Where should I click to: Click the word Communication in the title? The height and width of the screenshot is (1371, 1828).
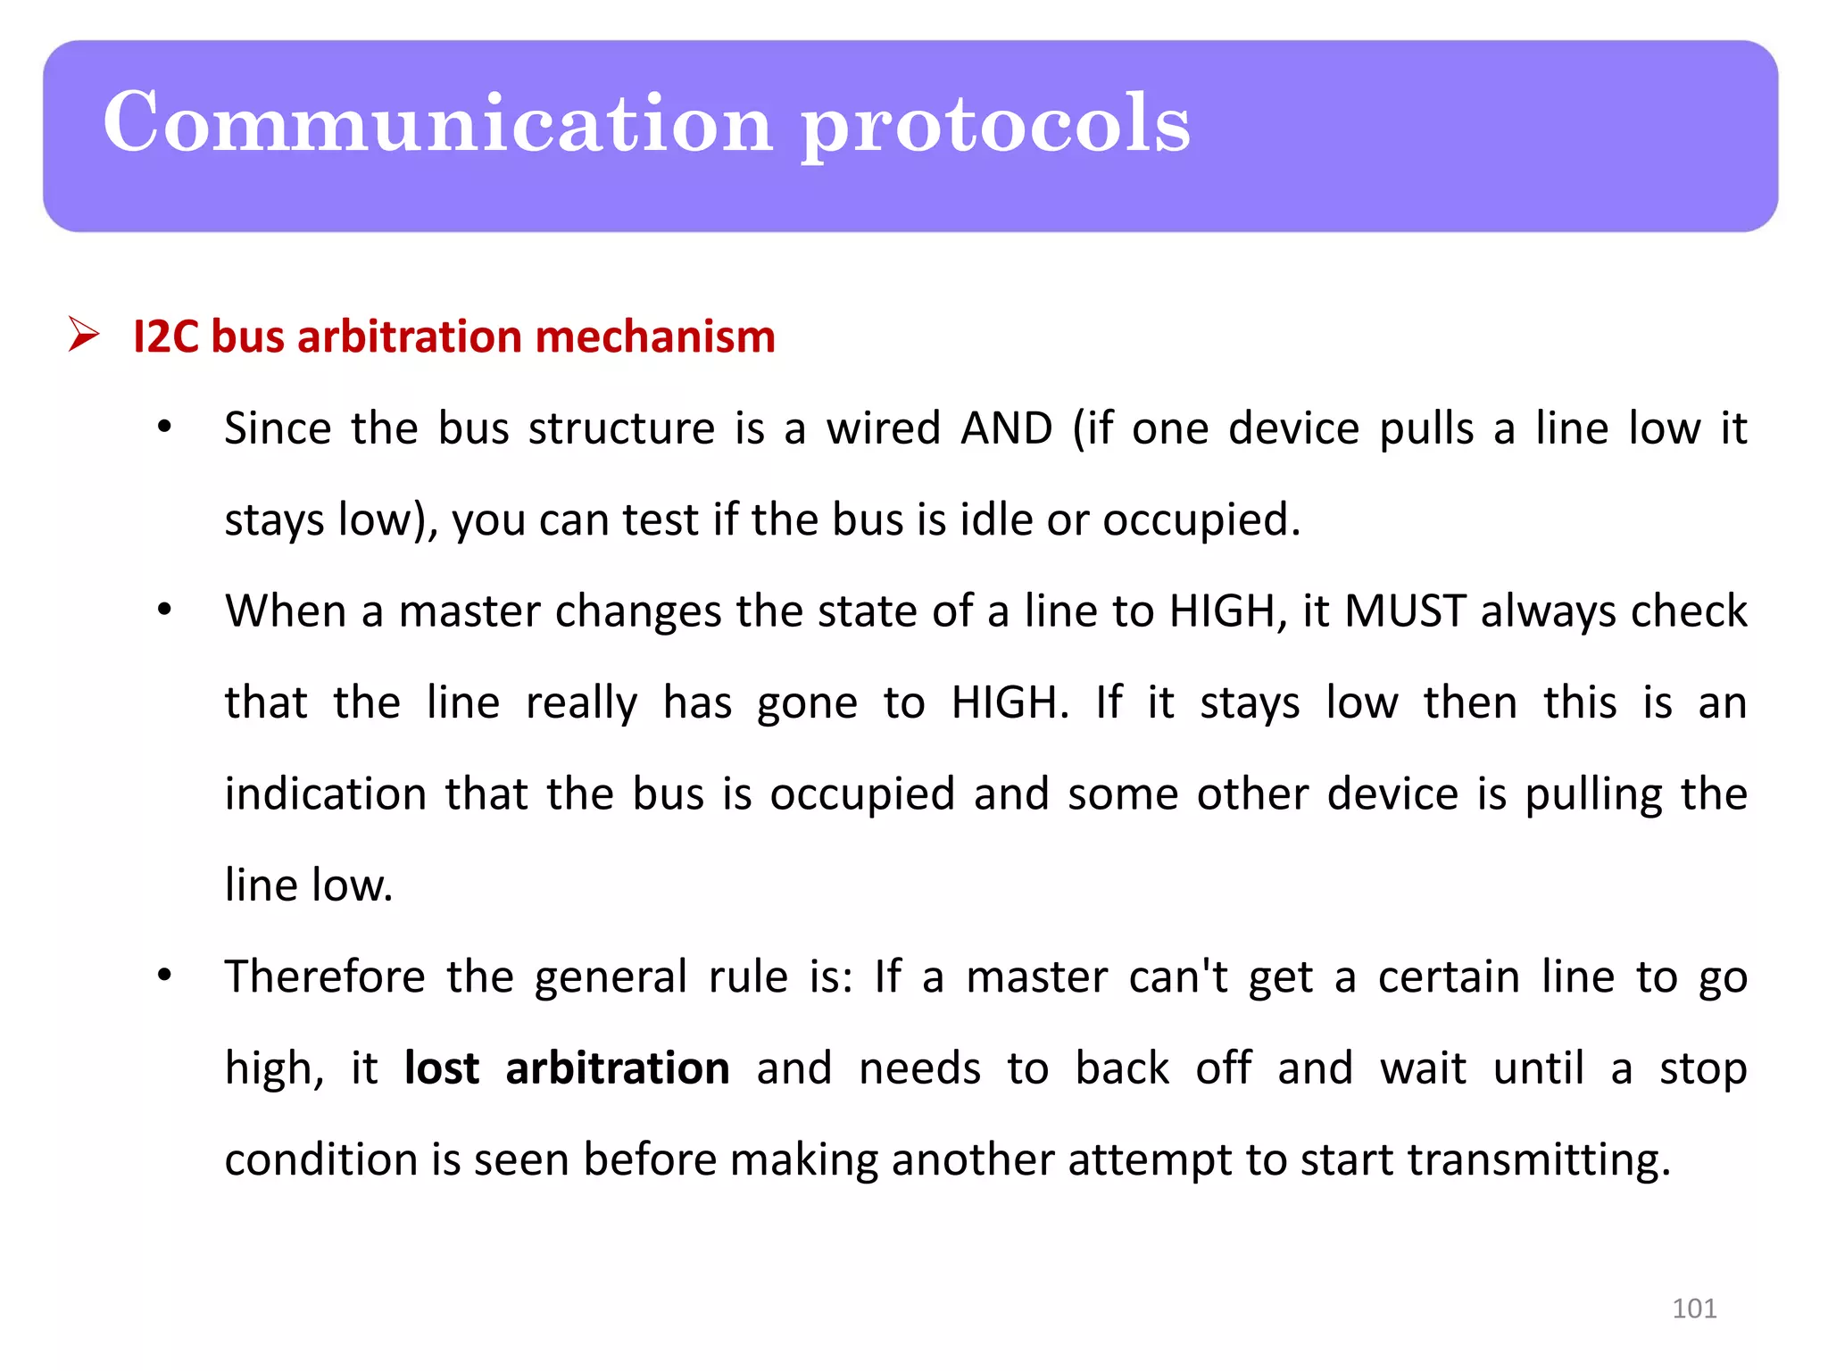click(437, 122)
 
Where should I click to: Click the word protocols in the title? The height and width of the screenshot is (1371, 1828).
click(995, 125)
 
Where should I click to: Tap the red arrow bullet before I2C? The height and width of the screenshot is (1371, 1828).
click(84, 336)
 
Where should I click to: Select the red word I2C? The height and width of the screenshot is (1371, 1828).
click(165, 337)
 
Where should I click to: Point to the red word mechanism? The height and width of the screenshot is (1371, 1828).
click(655, 337)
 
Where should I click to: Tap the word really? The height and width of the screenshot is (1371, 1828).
click(581, 703)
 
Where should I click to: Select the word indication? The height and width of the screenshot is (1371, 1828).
click(326, 794)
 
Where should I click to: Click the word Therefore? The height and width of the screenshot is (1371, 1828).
click(325, 976)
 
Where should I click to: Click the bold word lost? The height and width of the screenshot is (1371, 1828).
click(442, 1068)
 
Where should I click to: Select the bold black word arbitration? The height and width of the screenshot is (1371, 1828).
click(618, 1068)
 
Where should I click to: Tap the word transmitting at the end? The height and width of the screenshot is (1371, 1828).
click(1539, 1160)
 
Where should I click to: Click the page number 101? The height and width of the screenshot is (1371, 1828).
click(1694, 1309)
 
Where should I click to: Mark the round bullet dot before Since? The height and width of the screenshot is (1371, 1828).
click(164, 428)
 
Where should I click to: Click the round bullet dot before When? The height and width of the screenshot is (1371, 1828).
click(164, 611)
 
